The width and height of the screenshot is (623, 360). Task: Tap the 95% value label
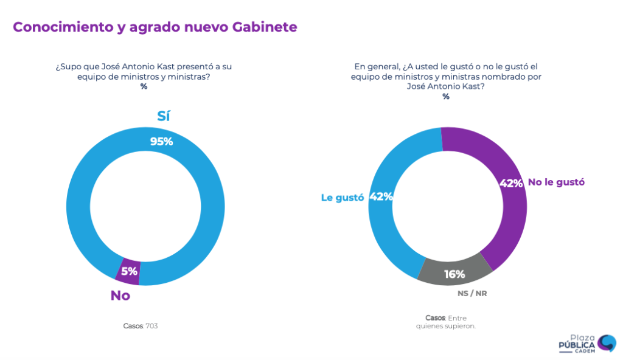162,141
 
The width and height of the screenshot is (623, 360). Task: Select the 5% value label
129,271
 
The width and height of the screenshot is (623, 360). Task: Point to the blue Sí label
163,116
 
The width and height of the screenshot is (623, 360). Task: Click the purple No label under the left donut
120,296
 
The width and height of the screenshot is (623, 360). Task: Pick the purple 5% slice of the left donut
128,271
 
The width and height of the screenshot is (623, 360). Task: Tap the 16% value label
454,274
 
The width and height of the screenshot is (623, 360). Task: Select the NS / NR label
472,293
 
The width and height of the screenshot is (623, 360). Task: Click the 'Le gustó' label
342,197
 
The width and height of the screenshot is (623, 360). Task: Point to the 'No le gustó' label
556,182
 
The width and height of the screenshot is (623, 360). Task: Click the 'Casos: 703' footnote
141,326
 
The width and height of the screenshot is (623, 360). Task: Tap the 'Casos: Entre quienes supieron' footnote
446,322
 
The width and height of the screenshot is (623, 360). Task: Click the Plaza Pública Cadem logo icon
606,343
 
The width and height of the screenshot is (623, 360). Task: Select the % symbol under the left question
144,86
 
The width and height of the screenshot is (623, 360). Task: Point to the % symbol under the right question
446,97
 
